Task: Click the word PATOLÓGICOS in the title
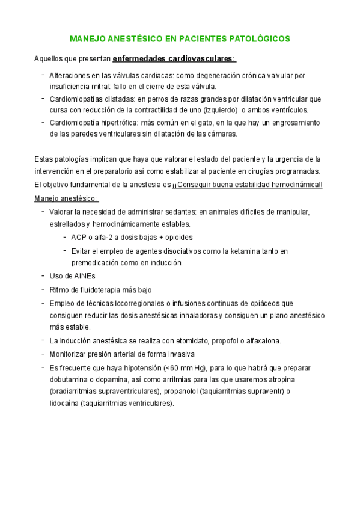pos(260,40)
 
